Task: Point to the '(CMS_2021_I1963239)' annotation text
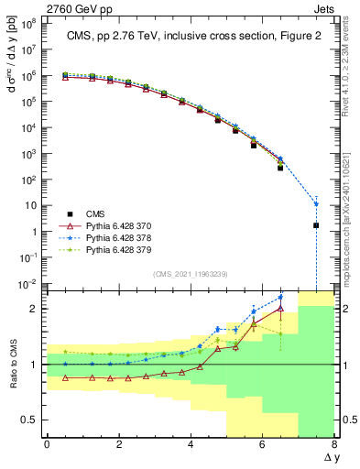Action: tap(190, 273)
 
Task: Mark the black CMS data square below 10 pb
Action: tap(316, 225)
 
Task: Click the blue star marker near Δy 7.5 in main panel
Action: tap(316, 203)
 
